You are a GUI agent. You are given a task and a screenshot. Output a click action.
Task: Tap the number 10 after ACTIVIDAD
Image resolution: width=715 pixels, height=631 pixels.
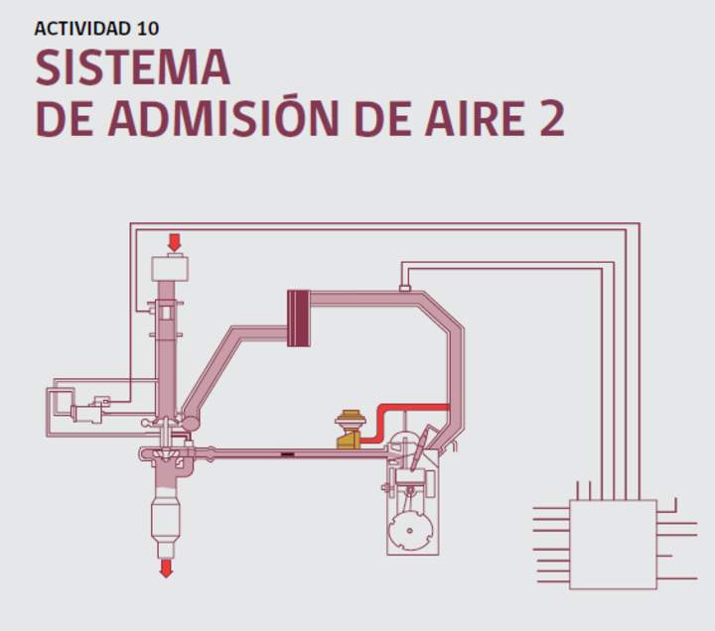147,28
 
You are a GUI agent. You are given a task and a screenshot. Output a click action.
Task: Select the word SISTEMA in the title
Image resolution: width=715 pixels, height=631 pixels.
132,67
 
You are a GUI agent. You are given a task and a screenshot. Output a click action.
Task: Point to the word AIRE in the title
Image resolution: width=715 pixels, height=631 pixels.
475,118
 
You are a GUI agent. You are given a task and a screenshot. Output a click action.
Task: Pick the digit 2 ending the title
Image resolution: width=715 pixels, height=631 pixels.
553,118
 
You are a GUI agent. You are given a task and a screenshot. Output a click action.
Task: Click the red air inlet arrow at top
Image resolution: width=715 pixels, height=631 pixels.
174,242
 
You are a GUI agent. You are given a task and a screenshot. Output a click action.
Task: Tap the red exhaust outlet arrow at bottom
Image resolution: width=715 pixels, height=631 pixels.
166,568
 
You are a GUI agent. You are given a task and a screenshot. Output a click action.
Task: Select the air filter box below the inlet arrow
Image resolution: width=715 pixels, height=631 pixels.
170,268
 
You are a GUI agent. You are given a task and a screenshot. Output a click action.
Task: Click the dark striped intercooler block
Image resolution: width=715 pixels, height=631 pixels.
299,318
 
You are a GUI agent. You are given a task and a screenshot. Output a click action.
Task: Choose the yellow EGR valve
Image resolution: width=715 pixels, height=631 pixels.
350,430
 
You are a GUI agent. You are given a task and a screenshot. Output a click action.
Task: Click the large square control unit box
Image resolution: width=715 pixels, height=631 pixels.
613,545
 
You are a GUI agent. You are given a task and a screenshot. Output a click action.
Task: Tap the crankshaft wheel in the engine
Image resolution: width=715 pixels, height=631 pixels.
410,531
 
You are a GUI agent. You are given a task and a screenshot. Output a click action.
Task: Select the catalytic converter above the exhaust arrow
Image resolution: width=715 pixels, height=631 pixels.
166,516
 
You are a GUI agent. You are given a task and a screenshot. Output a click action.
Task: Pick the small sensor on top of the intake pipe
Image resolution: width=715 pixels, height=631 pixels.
405,288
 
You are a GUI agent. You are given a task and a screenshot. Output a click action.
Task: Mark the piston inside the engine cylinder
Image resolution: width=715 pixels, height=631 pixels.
409,477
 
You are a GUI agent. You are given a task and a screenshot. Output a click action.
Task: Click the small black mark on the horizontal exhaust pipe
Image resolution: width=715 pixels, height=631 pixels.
287,454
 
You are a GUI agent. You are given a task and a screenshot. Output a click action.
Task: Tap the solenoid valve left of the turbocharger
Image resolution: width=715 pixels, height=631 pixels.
86,414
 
